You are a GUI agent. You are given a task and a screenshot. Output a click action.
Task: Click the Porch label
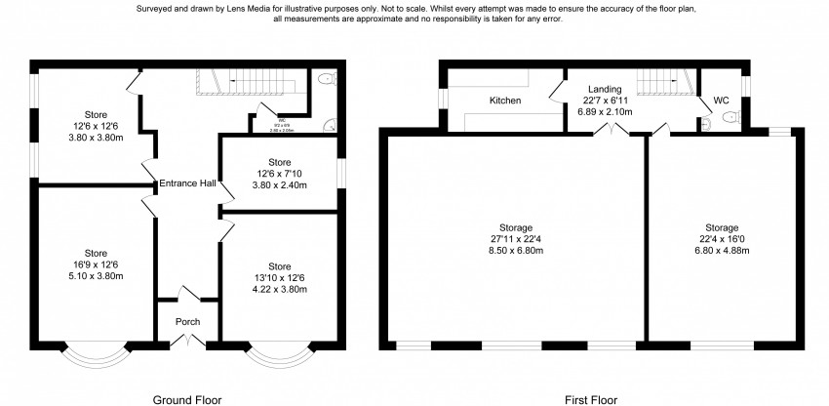(x=187, y=322)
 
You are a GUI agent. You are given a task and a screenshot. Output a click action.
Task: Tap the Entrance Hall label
(x=186, y=183)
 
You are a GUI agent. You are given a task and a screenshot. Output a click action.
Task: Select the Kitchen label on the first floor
(x=505, y=101)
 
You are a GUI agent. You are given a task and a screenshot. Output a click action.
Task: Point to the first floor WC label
(x=722, y=101)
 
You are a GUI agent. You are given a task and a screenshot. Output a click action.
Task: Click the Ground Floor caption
(x=187, y=399)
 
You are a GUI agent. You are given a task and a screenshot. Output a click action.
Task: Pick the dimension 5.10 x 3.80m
(x=96, y=275)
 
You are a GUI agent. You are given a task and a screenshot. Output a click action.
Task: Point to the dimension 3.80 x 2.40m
(x=279, y=185)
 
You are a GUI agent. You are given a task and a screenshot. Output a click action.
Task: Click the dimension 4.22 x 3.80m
(x=280, y=289)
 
